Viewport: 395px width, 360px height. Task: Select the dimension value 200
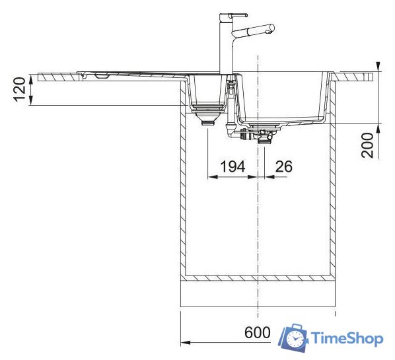point(367,145)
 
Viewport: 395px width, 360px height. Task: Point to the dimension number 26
point(283,166)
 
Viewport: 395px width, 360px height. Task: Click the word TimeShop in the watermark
point(347,339)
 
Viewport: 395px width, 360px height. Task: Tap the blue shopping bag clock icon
point(293,338)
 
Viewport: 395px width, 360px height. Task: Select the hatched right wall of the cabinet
point(333,192)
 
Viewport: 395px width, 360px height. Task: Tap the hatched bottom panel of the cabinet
point(258,279)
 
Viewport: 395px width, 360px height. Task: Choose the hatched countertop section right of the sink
point(357,77)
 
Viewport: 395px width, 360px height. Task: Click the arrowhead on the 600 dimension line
point(185,343)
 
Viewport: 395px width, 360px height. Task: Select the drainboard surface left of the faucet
point(132,72)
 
